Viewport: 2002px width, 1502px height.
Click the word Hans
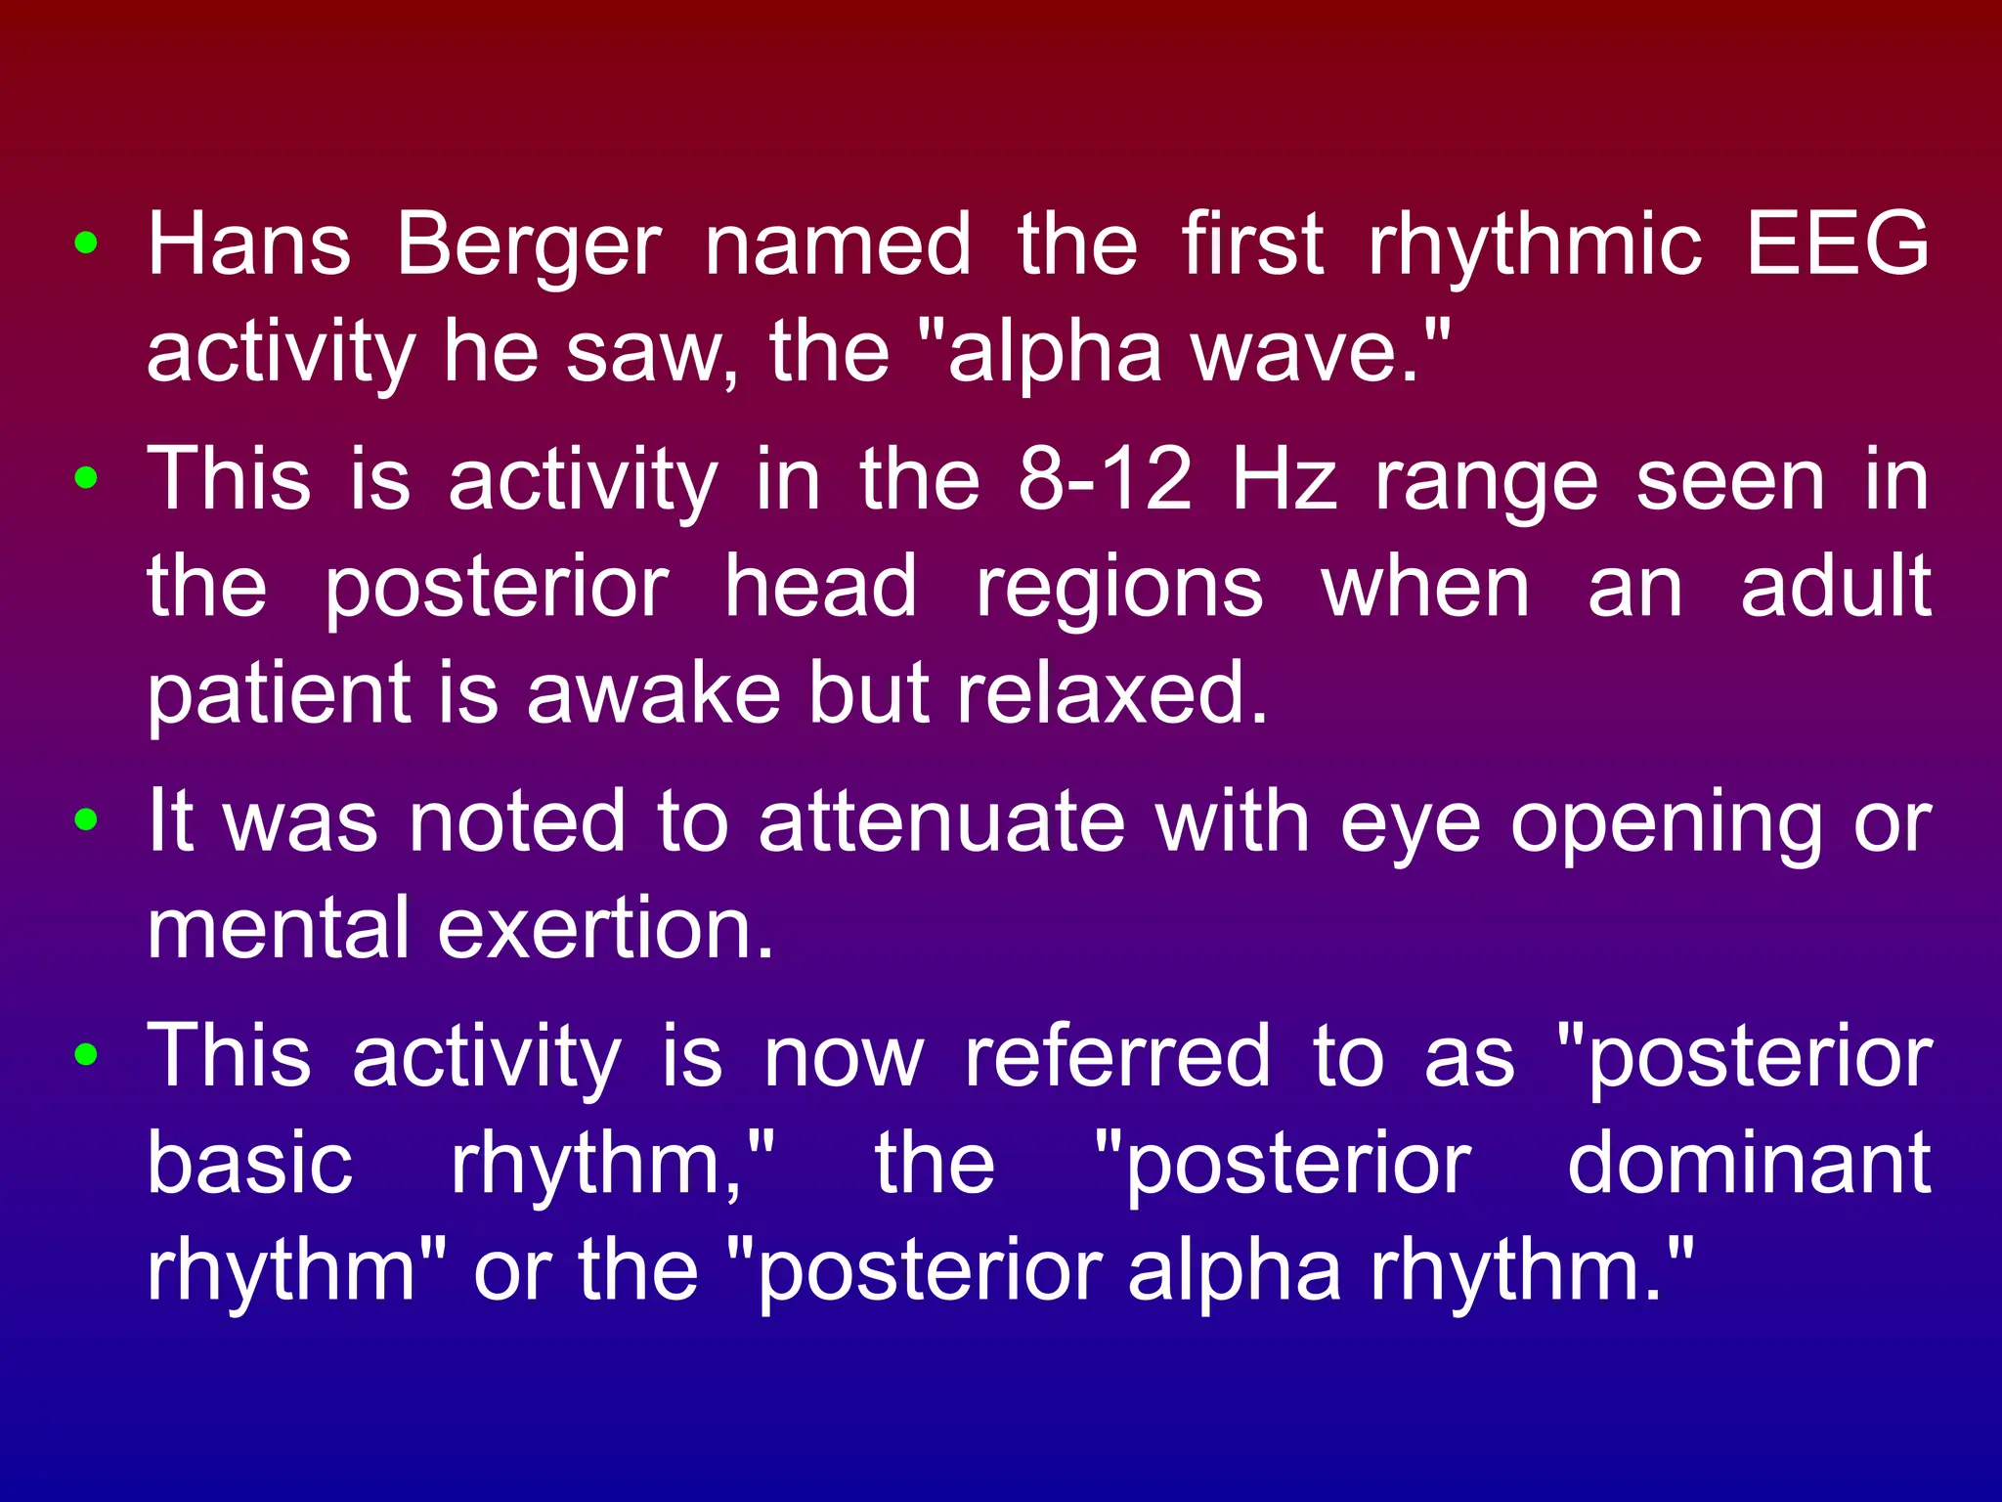pyautogui.click(x=248, y=244)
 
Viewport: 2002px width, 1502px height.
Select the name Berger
pyautogui.click(x=529, y=244)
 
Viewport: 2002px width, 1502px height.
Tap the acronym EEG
pyautogui.click(x=1838, y=244)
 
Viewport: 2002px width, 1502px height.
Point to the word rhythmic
pyautogui.click(x=1536, y=244)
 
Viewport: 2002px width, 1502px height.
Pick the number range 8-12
pyautogui.click(x=1105, y=480)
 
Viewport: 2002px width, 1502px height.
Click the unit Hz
pyautogui.click(x=1284, y=480)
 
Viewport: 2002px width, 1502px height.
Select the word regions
pyautogui.click(x=1119, y=588)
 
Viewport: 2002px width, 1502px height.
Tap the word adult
pyautogui.click(x=1836, y=588)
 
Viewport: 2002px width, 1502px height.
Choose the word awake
pyautogui.click(x=653, y=694)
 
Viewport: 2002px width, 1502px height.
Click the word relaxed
pyautogui.click(x=1111, y=694)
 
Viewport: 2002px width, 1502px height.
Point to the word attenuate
pyautogui.click(x=941, y=822)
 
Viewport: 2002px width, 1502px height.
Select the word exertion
pyautogui.click(x=605, y=929)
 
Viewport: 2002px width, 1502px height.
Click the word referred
pyautogui.click(x=1117, y=1057)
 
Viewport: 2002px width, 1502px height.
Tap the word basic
pyautogui.click(x=249, y=1164)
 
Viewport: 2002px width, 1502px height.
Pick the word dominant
pyautogui.click(x=1749, y=1164)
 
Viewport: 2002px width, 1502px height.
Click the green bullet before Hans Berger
pyautogui.click(x=86, y=243)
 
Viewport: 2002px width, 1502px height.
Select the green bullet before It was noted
pyautogui.click(x=86, y=820)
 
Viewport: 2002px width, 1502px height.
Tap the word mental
pyautogui.click(x=278, y=929)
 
